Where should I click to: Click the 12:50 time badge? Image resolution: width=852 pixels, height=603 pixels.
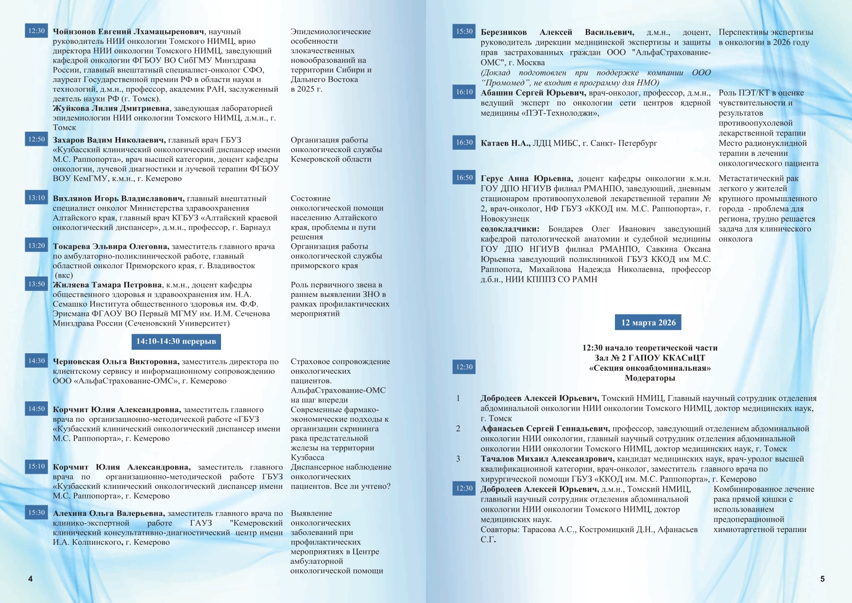[x=36, y=139]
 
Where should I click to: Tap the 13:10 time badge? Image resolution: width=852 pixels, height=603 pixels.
[x=36, y=198]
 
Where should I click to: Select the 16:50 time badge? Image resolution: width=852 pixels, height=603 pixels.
[x=464, y=178]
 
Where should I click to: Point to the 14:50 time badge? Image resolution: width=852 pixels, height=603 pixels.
[x=36, y=409]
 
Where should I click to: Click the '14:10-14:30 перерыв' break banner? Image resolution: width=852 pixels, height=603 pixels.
[x=176, y=342]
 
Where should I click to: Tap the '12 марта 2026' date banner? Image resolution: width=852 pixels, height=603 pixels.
[x=648, y=323]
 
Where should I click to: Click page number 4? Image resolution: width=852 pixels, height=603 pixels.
[x=31, y=579]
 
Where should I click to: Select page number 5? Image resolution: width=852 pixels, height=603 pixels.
[x=822, y=579]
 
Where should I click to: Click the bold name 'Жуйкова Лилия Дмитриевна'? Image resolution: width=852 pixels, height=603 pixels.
[x=111, y=108]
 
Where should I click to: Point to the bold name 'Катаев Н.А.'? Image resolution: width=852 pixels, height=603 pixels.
[x=505, y=143]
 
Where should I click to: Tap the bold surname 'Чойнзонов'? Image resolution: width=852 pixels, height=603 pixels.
[x=74, y=32]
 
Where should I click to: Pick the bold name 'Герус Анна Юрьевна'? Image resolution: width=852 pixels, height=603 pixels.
[x=527, y=179]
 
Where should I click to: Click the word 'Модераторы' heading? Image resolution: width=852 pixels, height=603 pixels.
[x=649, y=378]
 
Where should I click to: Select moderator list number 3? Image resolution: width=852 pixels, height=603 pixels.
[x=458, y=459]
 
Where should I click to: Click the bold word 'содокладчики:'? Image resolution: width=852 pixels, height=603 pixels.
[x=510, y=229]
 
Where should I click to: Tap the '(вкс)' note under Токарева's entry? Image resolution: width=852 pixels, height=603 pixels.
[x=64, y=276]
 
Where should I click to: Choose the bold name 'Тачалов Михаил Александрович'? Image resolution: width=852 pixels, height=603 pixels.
[x=547, y=459]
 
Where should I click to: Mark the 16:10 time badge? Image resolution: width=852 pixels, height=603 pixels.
[x=464, y=92]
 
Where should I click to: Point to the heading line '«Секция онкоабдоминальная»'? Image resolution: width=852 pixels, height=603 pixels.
[x=649, y=368]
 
